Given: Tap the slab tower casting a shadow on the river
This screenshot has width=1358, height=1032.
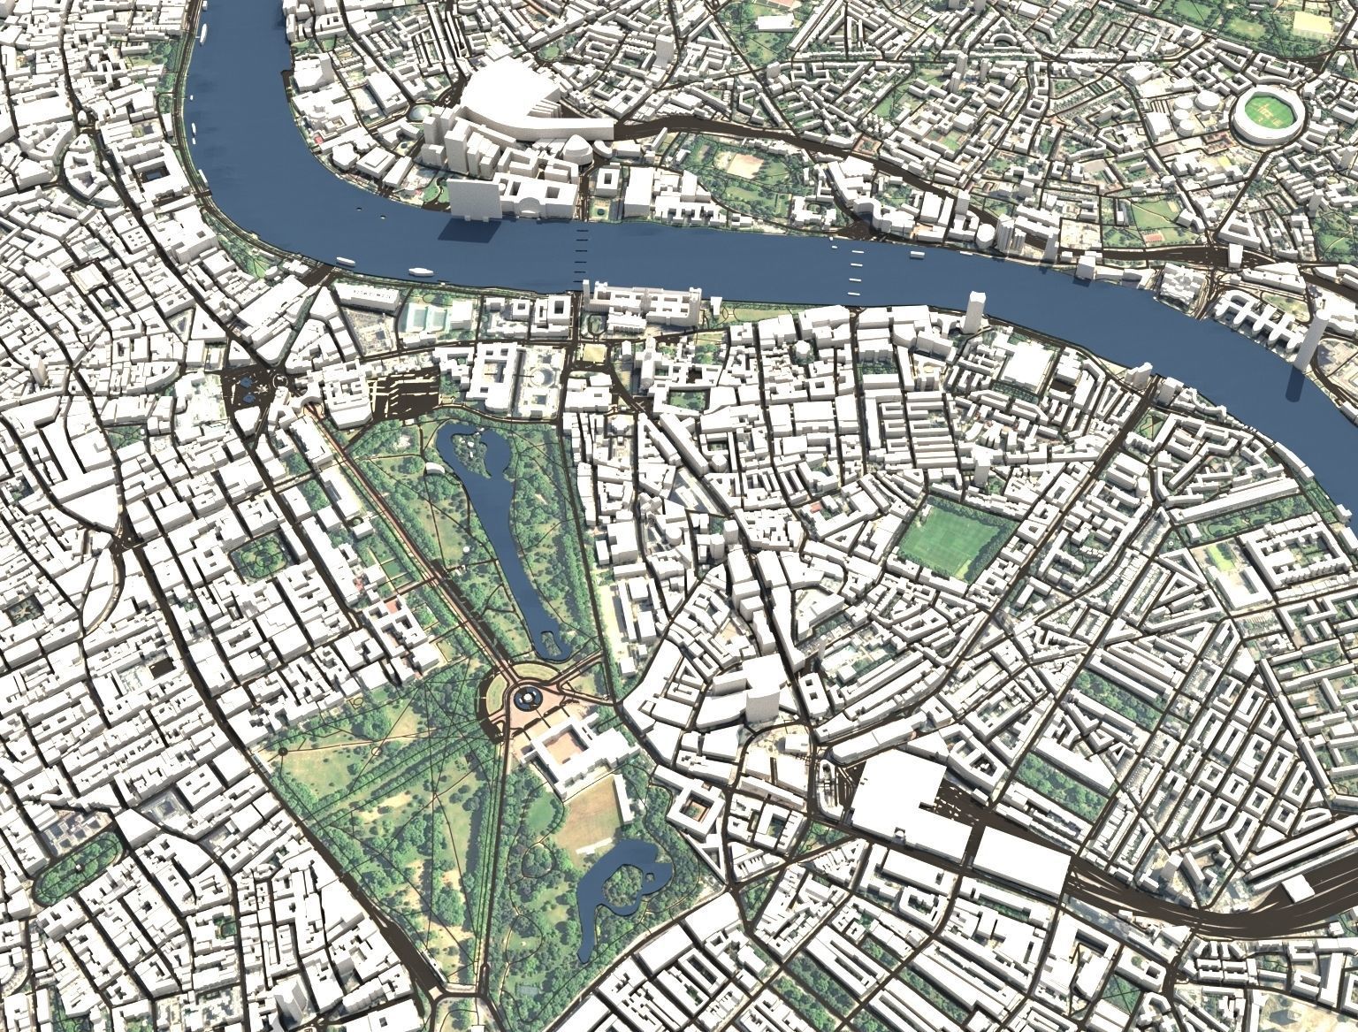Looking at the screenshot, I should [472, 198].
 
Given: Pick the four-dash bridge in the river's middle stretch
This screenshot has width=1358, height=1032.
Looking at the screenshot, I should [854, 269].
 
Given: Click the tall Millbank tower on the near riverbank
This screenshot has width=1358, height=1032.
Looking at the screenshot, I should [975, 311].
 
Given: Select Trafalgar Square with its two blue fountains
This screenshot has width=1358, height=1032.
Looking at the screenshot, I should [250, 387].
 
